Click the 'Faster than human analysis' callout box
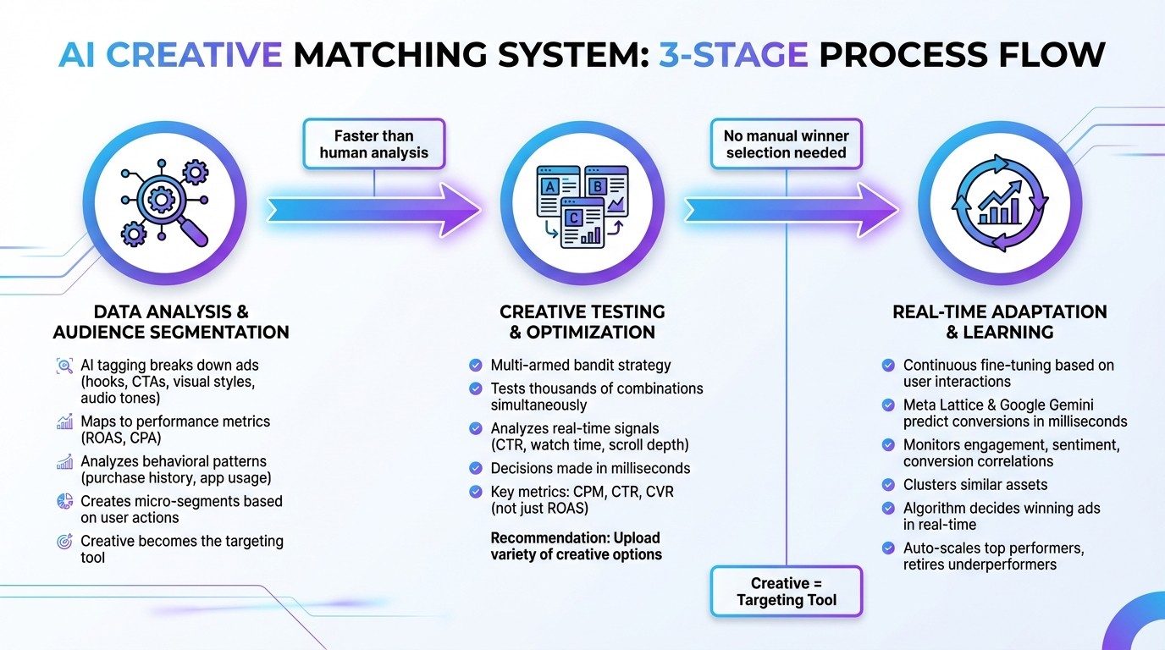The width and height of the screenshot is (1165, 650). click(374, 144)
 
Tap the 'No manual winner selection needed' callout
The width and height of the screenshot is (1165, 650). click(786, 144)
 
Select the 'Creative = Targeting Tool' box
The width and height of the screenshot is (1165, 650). click(786, 591)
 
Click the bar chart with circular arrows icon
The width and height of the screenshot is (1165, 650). click(1000, 205)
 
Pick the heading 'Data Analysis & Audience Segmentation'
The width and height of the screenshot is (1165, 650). click(171, 322)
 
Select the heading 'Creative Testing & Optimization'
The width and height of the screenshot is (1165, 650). click(582, 322)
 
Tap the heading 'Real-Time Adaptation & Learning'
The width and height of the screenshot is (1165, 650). click(999, 322)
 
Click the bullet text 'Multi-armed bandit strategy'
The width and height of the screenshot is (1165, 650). click(581, 366)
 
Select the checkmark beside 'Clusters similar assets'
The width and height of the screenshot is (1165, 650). click(888, 485)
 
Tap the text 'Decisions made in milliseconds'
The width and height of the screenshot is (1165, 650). click(590, 468)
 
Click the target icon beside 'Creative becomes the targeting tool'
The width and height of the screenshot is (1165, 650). click(64, 542)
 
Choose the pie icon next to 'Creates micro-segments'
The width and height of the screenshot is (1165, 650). click(64, 501)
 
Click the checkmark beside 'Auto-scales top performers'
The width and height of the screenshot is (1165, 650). click(888, 548)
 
